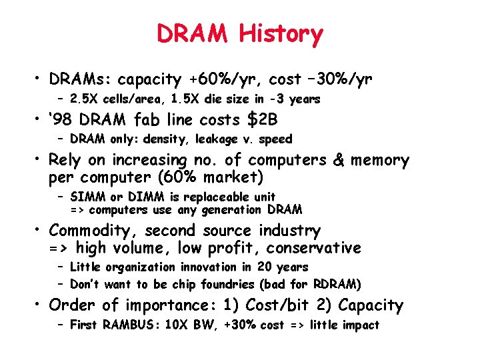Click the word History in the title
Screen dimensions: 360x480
(281, 33)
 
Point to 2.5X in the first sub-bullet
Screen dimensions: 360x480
(83, 99)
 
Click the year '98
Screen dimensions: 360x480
(59, 120)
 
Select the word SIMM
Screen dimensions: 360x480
(85, 197)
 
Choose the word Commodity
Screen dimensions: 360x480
(90, 231)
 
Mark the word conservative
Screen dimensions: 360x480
(313, 249)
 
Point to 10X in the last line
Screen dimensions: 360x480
(179, 325)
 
